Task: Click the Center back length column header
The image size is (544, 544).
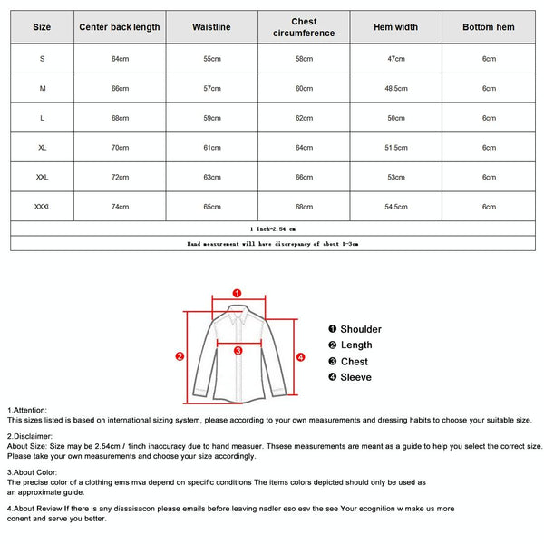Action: click(x=120, y=27)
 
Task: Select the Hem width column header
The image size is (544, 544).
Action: click(x=396, y=27)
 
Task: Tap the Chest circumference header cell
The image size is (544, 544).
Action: click(x=304, y=27)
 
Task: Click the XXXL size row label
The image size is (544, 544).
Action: click(x=43, y=207)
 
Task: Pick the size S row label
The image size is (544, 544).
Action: click(x=43, y=59)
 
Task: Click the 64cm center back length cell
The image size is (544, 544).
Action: click(x=120, y=59)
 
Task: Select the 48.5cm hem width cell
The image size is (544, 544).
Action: click(x=396, y=89)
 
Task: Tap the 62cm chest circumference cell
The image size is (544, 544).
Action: click(x=304, y=118)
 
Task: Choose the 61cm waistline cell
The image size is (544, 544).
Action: click(x=212, y=148)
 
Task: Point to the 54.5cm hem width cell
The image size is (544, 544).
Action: click(x=396, y=207)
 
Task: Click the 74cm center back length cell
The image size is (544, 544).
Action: click(x=120, y=207)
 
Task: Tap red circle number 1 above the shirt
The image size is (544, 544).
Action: click(x=237, y=294)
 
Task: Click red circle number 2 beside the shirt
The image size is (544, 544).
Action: click(x=180, y=356)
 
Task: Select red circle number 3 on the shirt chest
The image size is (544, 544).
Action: click(x=238, y=350)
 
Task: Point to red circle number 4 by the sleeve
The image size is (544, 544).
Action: click(x=301, y=356)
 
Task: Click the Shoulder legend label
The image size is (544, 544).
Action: click(x=361, y=329)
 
